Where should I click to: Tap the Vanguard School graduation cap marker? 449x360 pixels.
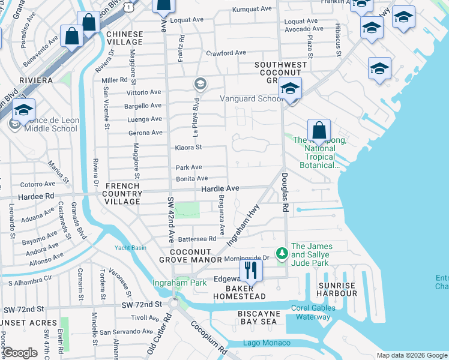point(289,90)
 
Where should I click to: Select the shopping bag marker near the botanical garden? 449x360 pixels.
point(319,130)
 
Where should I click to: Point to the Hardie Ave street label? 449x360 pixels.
point(220,188)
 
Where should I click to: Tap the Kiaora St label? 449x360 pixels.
point(188,147)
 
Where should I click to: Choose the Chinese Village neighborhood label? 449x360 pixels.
point(125,38)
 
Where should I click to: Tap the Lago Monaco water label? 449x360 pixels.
point(267,343)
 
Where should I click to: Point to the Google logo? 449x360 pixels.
point(20,353)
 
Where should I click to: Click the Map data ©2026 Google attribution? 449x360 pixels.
point(412,355)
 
